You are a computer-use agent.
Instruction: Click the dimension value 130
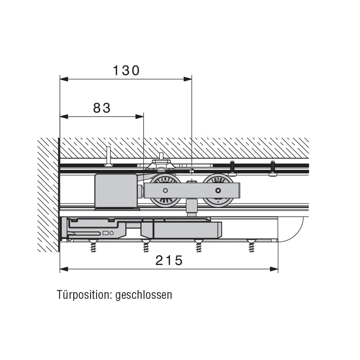coord(126,71)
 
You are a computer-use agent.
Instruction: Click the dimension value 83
coord(102,108)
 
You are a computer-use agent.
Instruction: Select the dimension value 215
coord(169,261)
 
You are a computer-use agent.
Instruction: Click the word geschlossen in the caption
coord(144,295)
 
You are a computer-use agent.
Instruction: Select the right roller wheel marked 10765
coord(218,190)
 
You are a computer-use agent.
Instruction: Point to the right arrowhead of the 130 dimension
coord(188,79)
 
